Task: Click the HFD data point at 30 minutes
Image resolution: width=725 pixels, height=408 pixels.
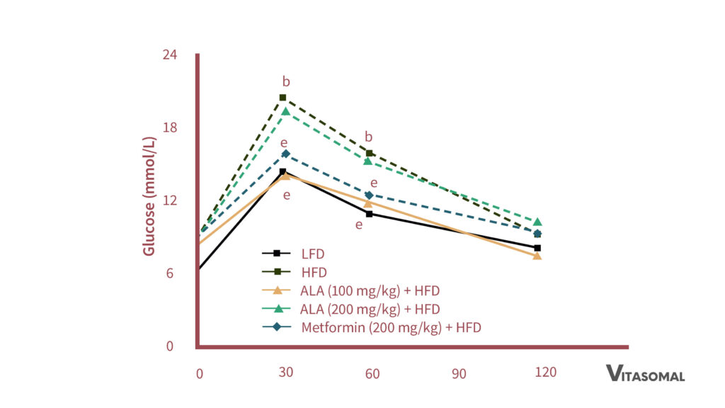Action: (282, 98)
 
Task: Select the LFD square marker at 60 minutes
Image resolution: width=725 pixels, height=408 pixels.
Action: (369, 213)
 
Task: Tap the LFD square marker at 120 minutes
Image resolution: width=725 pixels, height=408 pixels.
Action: (537, 248)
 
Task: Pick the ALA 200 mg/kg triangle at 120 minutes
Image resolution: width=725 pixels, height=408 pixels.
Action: (537, 222)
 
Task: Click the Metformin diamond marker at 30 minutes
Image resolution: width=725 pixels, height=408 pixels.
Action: (285, 154)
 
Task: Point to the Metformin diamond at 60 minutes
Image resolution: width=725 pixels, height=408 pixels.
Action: (369, 195)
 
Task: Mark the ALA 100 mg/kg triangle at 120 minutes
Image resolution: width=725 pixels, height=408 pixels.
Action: (537, 256)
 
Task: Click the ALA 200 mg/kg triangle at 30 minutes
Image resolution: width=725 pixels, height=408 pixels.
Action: (285, 111)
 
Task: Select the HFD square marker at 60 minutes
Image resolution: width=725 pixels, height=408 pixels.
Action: (370, 153)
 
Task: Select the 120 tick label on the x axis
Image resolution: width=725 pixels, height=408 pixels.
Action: (546, 373)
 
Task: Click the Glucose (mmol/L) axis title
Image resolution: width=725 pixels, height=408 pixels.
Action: (149, 195)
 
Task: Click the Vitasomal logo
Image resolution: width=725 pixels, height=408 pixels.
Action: (645, 373)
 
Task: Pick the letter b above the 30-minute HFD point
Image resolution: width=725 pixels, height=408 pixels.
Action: (286, 81)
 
